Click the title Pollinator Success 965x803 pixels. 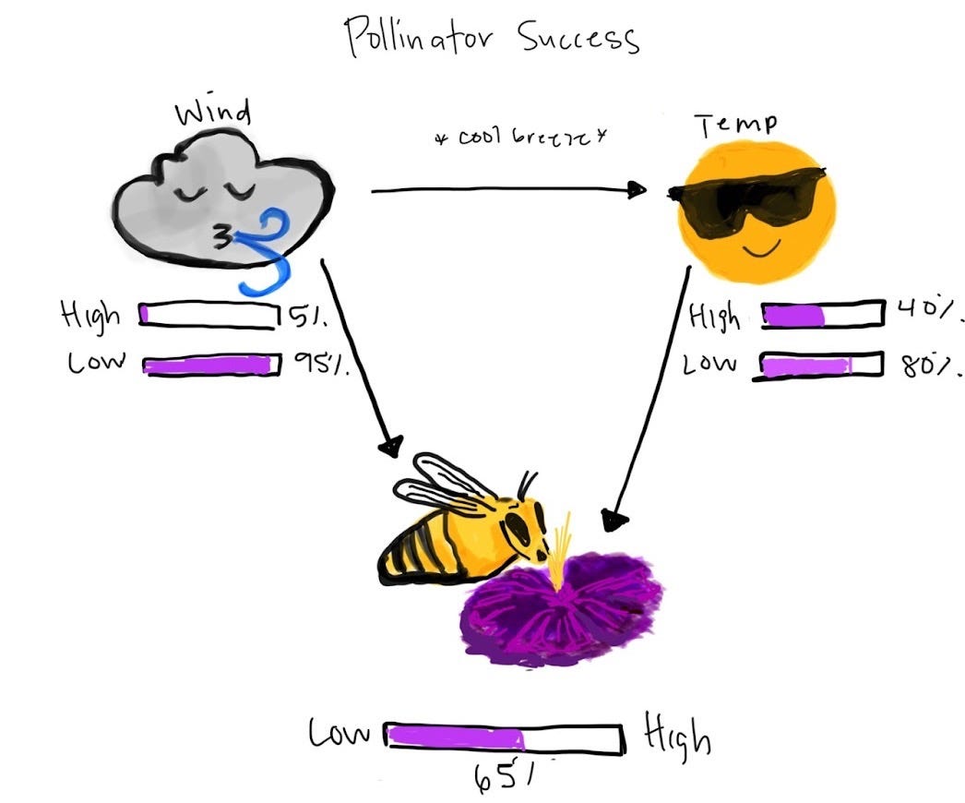click(x=491, y=37)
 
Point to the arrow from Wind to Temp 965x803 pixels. click(x=507, y=191)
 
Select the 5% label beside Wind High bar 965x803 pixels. click(x=303, y=317)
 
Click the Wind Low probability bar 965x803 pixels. click(x=212, y=366)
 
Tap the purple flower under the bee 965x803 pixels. click(x=563, y=609)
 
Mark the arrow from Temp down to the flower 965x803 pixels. click(x=650, y=397)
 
